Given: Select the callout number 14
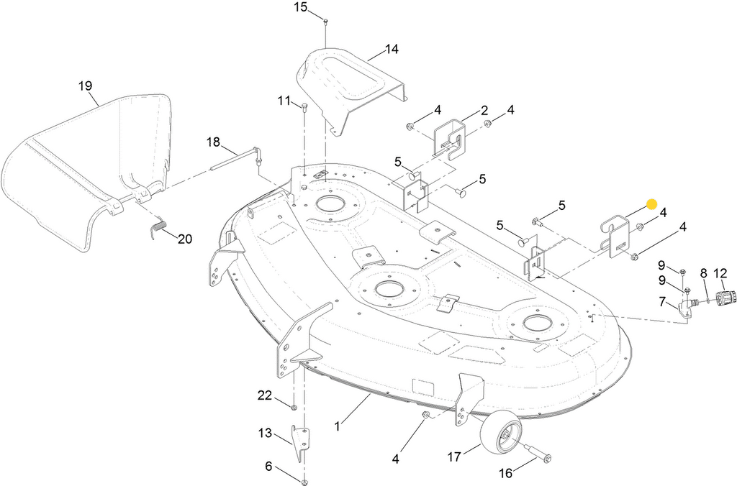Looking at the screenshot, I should click(392, 50).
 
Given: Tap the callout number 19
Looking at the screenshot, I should click(85, 86).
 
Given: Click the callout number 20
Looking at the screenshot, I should click(185, 239).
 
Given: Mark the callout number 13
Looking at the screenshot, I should click(265, 433).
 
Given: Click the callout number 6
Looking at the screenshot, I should click(268, 467).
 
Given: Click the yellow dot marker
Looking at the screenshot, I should click(651, 204).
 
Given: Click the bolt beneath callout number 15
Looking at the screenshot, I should click(326, 22).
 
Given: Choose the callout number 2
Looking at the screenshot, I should click(484, 111).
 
